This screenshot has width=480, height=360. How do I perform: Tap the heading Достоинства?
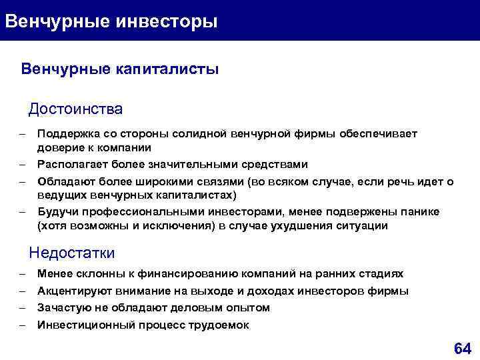tap(75, 108)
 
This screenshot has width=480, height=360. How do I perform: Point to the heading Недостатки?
tap(72, 253)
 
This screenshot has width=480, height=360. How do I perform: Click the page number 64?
tap(461, 348)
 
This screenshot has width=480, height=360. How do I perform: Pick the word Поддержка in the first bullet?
tap(65, 133)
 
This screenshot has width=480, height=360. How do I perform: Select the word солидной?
tap(199, 133)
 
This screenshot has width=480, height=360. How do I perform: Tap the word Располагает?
tap(70, 164)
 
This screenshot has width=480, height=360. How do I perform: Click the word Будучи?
tap(55, 211)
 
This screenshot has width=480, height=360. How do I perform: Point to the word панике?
tap(421, 211)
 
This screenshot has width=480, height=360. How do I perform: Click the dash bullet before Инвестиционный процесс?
tap(22, 325)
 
